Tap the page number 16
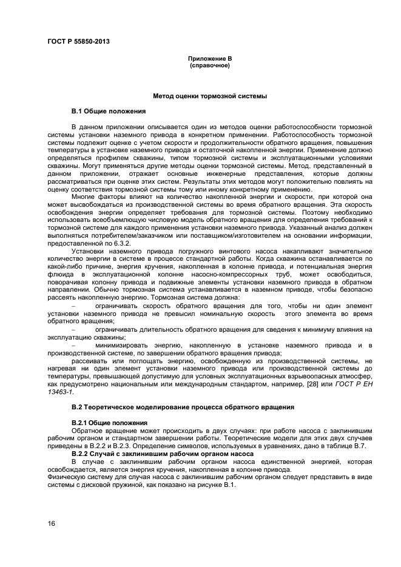click(x=51, y=523)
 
